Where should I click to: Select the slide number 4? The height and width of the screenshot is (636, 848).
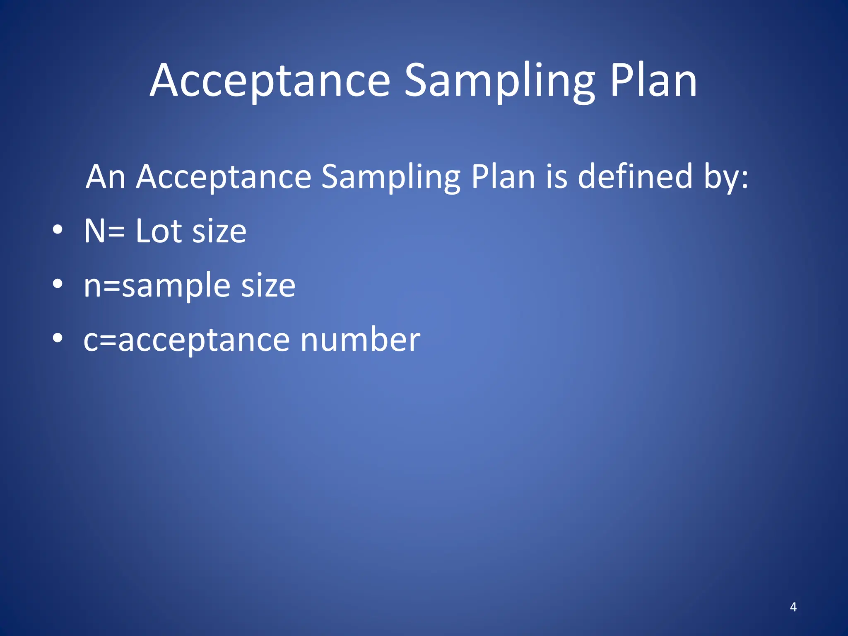point(793,607)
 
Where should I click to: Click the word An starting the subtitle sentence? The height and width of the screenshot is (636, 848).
point(106,177)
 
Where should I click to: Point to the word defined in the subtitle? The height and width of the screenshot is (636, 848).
point(635,177)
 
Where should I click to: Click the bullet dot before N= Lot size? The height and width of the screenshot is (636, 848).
point(58,230)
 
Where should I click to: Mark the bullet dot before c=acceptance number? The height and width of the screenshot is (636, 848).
point(58,338)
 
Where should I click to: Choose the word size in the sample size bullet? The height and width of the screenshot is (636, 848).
point(268,286)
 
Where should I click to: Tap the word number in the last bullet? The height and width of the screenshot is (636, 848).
point(360,340)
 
